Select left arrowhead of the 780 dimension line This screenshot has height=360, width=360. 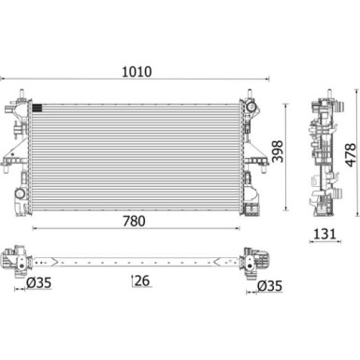[x=35, y=229]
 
